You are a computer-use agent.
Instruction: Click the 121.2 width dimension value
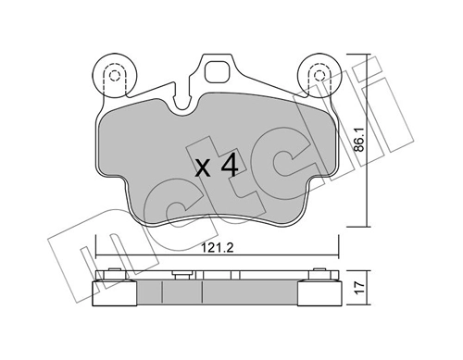217,248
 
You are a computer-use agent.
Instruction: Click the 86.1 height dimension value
360,140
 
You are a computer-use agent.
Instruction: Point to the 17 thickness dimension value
360,288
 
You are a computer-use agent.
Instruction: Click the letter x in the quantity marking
204,169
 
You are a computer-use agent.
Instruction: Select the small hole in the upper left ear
115,75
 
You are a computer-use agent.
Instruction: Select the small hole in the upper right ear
319,75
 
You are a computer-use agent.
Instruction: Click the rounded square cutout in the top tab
218,72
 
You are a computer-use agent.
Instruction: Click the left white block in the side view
115,293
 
